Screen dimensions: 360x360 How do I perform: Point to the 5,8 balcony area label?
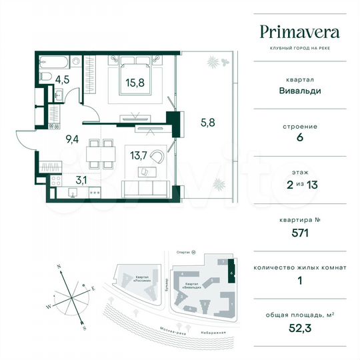point(208,122)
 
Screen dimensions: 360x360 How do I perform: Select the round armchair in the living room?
point(157,157)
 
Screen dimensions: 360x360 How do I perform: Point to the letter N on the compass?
point(59,266)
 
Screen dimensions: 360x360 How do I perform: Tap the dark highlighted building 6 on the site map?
point(231,273)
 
